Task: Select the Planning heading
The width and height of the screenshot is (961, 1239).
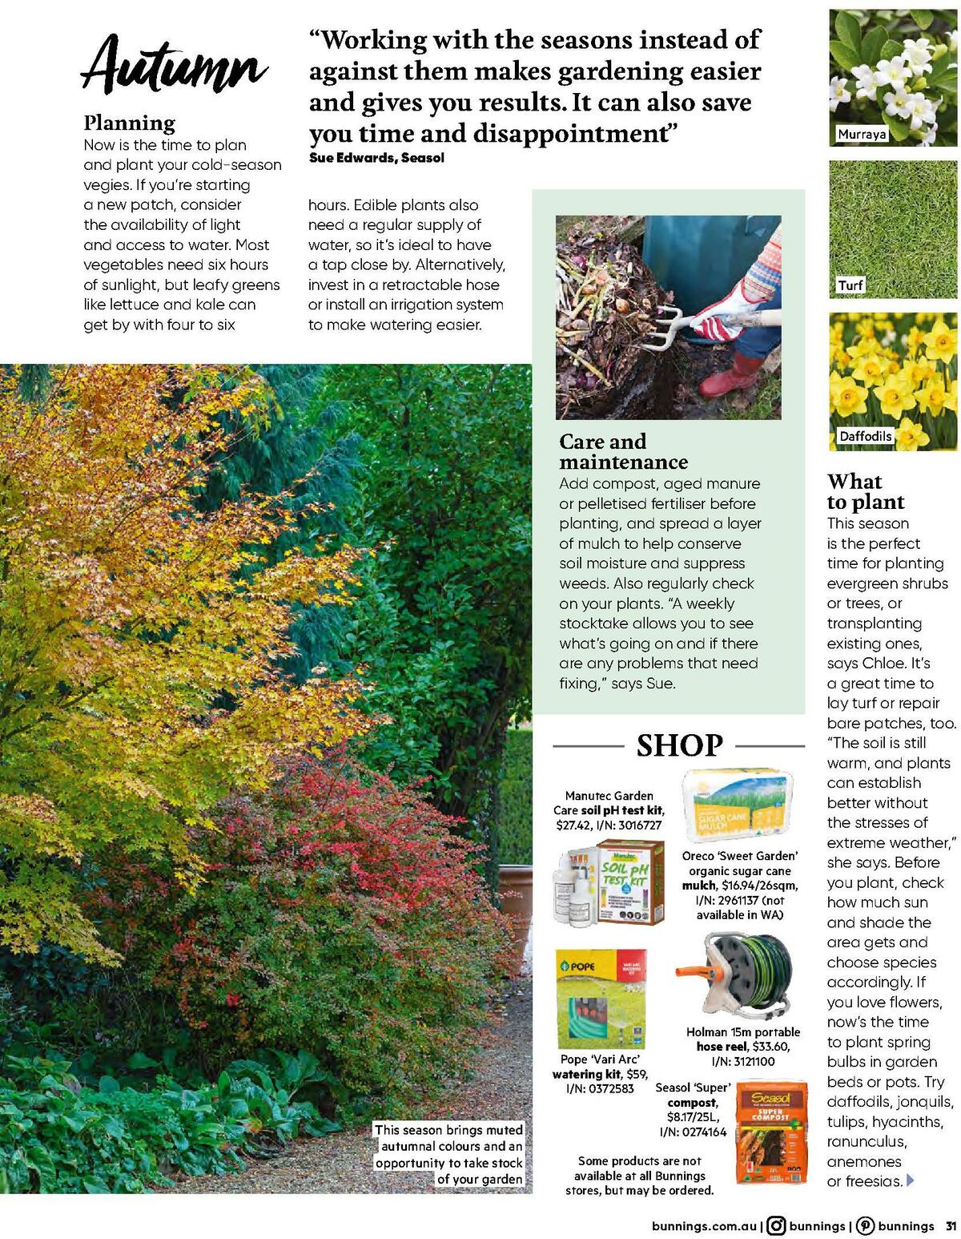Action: (129, 123)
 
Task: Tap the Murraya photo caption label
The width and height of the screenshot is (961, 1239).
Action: (862, 135)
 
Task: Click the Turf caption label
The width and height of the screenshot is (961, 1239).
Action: (850, 285)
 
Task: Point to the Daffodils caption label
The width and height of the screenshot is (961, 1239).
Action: (865, 437)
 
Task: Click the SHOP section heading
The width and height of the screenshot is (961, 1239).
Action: (679, 745)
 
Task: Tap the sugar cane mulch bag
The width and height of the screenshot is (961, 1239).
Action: (737, 806)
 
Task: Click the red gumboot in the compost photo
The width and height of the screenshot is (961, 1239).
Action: (732, 376)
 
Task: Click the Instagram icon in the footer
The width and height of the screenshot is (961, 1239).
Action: (775, 1225)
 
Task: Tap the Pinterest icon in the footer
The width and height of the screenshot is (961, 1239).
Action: (865, 1225)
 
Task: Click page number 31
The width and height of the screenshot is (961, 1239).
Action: (951, 1225)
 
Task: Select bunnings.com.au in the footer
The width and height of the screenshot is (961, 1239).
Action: (704, 1225)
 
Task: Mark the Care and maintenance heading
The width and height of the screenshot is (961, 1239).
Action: (623, 451)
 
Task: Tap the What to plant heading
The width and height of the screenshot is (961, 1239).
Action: (865, 491)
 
